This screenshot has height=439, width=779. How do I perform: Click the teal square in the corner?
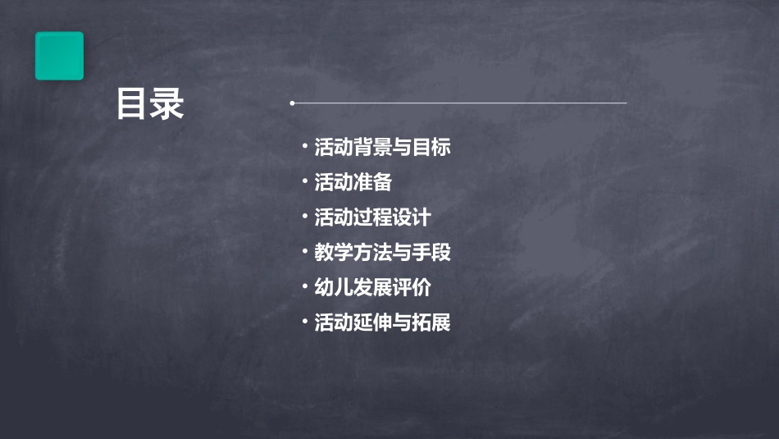(59, 56)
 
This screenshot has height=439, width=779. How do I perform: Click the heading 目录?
(149, 105)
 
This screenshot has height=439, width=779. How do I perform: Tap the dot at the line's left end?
(292, 103)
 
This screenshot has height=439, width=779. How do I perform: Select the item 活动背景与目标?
(382, 148)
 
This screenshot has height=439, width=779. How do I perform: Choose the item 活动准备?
(353, 182)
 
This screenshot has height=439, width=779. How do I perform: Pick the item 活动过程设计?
(372, 217)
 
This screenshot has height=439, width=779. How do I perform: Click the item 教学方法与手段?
(382, 252)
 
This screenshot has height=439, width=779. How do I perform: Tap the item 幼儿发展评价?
(372, 287)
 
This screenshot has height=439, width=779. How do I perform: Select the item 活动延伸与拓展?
(382, 322)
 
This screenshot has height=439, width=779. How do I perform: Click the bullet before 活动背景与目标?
(305, 148)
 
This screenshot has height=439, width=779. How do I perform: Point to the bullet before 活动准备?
(305, 182)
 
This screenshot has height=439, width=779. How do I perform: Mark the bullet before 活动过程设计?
(305, 217)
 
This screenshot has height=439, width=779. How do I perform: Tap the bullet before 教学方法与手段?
(305, 252)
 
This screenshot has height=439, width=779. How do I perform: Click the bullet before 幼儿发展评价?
(305, 287)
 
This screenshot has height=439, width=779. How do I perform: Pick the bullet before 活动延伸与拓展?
(305, 322)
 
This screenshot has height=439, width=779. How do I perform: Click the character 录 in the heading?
(167, 105)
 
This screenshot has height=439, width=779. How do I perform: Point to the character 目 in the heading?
(132, 105)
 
